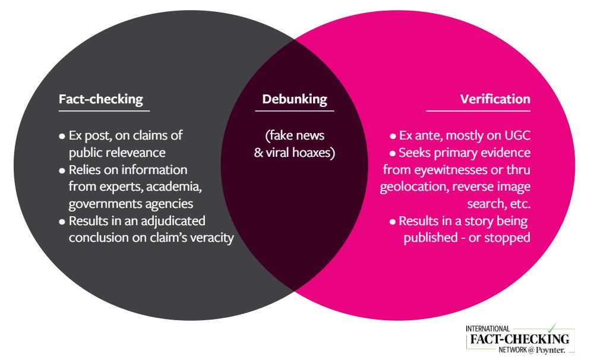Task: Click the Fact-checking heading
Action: coord(101,99)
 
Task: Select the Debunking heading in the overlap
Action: coord(295,99)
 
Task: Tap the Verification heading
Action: coord(495,99)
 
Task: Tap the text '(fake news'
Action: coord(295,135)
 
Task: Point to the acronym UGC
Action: coord(516,135)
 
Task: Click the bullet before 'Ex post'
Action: coord(62,136)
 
